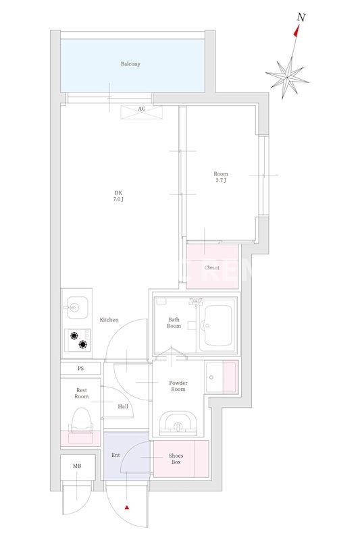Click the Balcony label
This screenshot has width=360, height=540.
(130, 64)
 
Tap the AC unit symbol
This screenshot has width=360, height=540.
(141, 111)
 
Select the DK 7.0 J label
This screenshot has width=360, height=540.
(118, 196)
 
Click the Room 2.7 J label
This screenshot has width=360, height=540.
(220, 177)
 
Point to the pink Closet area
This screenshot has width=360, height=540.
(211, 267)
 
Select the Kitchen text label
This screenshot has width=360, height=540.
(109, 320)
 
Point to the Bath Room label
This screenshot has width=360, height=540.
(174, 322)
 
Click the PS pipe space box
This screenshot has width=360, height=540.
(80, 369)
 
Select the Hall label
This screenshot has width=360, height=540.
(123, 406)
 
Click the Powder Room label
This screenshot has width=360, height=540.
(178, 385)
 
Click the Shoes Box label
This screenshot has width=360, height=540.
(176, 459)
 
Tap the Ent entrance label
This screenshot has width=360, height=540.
(115, 455)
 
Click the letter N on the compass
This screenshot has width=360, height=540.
(301, 18)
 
